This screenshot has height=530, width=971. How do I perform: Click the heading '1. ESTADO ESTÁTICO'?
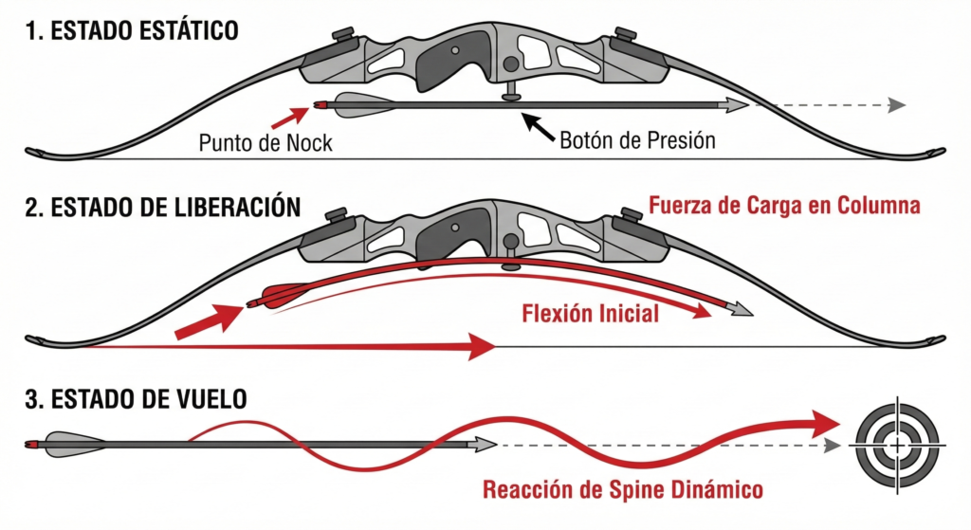[132, 30]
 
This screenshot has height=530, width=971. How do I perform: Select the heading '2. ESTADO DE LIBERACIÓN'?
[162, 207]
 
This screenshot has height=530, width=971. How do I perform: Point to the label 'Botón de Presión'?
[637, 140]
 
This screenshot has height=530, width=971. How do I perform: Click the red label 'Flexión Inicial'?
[590, 314]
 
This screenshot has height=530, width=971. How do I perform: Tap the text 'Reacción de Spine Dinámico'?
[623, 490]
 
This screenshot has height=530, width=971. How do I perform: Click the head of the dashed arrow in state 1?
[895, 105]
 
